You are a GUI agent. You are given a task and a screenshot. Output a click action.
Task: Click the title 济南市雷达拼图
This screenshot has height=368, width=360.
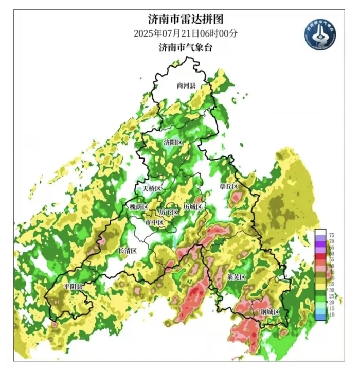[186, 20]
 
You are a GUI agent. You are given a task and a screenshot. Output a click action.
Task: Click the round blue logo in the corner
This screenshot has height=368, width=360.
[319, 34]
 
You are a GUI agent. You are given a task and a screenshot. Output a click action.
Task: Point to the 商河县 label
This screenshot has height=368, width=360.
[186, 86]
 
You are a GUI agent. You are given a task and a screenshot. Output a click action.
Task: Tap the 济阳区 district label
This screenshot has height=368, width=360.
[173, 142]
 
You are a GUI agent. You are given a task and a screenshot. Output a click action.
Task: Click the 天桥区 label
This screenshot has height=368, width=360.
[152, 188]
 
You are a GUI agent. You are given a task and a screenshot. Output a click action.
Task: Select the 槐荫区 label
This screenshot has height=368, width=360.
[138, 207]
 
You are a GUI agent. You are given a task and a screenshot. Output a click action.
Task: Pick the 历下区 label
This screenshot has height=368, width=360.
[169, 212]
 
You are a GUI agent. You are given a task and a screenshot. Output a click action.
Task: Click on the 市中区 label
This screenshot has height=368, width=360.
[154, 222]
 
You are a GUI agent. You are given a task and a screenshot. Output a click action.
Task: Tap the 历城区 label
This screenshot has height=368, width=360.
[194, 206]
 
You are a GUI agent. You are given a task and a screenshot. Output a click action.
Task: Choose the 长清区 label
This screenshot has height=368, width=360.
[128, 251]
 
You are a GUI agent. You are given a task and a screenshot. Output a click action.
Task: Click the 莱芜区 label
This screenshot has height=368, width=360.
[237, 277]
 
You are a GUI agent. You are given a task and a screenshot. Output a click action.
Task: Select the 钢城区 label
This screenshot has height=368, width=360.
[269, 312]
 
